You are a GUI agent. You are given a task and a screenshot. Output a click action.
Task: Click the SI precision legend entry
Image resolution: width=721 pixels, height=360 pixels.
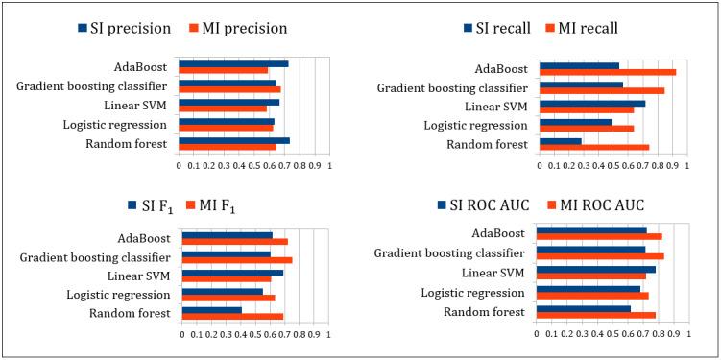[124, 29]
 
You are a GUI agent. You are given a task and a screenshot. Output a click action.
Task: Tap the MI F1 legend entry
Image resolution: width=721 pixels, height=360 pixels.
[224, 205]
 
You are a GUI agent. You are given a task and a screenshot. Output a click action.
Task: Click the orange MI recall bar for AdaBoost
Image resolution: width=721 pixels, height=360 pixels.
[608, 72]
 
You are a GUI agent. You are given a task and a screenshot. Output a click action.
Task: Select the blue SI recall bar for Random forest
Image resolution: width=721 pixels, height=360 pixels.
[561, 141]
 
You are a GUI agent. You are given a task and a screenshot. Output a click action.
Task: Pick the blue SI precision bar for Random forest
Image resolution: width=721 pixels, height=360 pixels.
[234, 141]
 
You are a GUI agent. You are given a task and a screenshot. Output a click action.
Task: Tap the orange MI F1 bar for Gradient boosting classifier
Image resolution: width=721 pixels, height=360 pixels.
[237, 260]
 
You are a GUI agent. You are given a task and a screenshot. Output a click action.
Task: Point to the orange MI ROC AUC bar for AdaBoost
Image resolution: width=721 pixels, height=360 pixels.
[599, 236]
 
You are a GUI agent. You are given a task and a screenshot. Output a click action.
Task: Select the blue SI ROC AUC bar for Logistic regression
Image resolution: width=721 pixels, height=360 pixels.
[589, 288]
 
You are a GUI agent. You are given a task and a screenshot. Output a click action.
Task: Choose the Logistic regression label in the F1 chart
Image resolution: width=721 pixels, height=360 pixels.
[116, 295]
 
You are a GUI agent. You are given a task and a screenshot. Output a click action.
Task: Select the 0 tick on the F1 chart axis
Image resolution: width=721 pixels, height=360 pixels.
[181, 335]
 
